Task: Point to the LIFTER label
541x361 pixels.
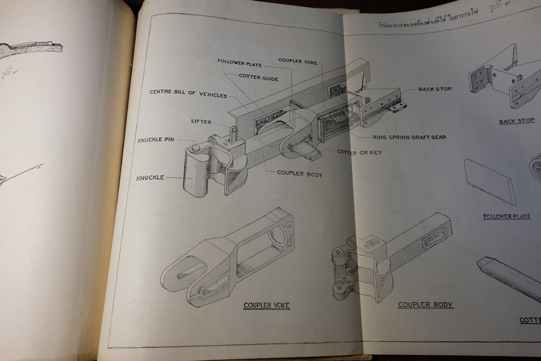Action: pyautogui.click(x=201, y=122)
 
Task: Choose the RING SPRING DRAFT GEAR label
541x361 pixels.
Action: pyautogui.click(x=409, y=137)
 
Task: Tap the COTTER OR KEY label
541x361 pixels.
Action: pyautogui.click(x=359, y=152)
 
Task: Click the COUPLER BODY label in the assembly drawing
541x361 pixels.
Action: pyautogui.click(x=300, y=173)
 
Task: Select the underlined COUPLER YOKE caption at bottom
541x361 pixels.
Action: pyautogui.click(x=266, y=306)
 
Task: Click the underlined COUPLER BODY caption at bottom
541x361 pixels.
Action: pyautogui.click(x=426, y=305)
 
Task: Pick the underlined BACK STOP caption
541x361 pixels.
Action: pyautogui.click(x=516, y=121)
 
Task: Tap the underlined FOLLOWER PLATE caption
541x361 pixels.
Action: pyautogui.click(x=507, y=217)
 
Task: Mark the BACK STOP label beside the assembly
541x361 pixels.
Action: pyautogui.click(x=435, y=89)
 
